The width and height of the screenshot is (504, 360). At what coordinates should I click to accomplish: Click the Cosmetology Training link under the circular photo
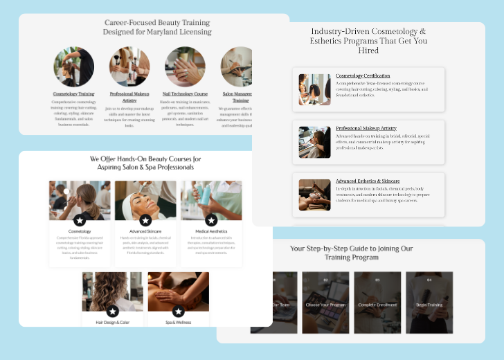(73, 93)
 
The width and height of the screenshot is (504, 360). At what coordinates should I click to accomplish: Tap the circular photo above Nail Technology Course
(185, 66)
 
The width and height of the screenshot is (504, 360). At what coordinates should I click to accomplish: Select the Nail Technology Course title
(185, 93)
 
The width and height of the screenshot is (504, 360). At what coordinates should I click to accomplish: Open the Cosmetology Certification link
(363, 75)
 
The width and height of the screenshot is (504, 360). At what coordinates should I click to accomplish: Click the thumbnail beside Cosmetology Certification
(314, 89)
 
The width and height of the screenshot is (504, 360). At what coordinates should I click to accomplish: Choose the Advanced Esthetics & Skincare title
(368, 181)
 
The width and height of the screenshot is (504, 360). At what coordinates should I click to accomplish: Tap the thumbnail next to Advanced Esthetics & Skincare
(314, 195)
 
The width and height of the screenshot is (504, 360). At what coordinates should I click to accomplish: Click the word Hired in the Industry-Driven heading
(368, 51)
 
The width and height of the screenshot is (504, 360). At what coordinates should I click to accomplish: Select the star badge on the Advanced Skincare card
(145, 220)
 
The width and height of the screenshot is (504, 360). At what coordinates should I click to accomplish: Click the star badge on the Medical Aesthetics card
(211, 220)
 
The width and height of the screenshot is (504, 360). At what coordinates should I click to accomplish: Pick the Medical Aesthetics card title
(211, 231)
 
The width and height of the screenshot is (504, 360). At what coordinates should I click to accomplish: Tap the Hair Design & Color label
(113, 322)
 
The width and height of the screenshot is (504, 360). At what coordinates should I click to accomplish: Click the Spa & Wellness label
(178, 322)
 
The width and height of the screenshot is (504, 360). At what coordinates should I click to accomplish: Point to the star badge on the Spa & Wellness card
(178, 312)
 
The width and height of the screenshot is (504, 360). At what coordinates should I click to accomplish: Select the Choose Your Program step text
(325, 305)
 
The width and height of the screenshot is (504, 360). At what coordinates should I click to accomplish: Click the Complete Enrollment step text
(377, 305)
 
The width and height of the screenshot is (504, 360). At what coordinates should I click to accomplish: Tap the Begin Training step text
(429, 305)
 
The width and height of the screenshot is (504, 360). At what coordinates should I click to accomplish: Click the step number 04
(429, 280)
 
